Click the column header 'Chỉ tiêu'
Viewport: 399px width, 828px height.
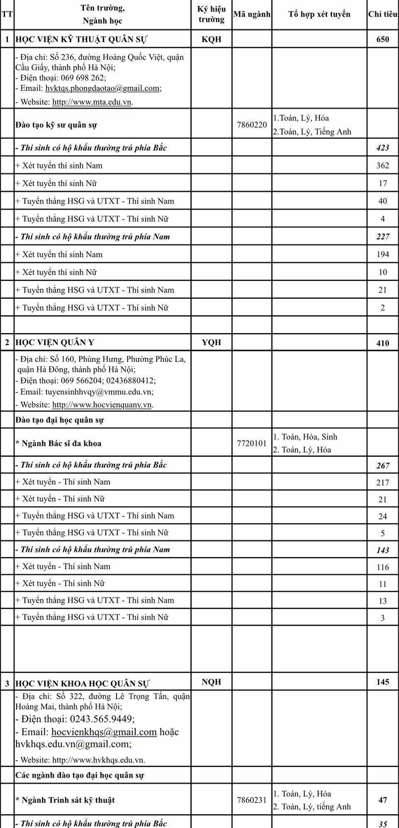pyautogui.click(x=382, y=14)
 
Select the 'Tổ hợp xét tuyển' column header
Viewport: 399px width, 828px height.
pyautogui.click(x=319, y=14)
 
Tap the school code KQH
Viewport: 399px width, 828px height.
pyautogui.click(x=211, y=39)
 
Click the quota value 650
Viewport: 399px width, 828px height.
pyautogui.click(x=382, y=40)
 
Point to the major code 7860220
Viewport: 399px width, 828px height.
pyautogui.click(x=252, y=125)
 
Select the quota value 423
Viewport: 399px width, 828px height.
pyautogui.click(x=382, y=148)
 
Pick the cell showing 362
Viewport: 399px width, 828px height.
pyautogui.click(x=382, y=166)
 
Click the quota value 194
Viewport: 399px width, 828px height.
pyautogui.click(x=382, y=255)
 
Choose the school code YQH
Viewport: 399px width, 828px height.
pyautogui.click(x=211, y=342)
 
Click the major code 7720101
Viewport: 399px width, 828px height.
pyautogui.click(x=252, y=443)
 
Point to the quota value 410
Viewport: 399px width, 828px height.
pyautogui.click(x=382, y=343)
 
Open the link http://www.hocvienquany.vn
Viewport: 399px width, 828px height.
pyautogui.click(x=102, y=405)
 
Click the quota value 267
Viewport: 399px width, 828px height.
pyautogui.click(x=382, y=466)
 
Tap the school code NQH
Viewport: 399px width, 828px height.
pyautogui.click(x=211, y=682)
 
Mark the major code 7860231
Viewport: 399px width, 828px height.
pyautogui.click(x=252, y=800)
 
